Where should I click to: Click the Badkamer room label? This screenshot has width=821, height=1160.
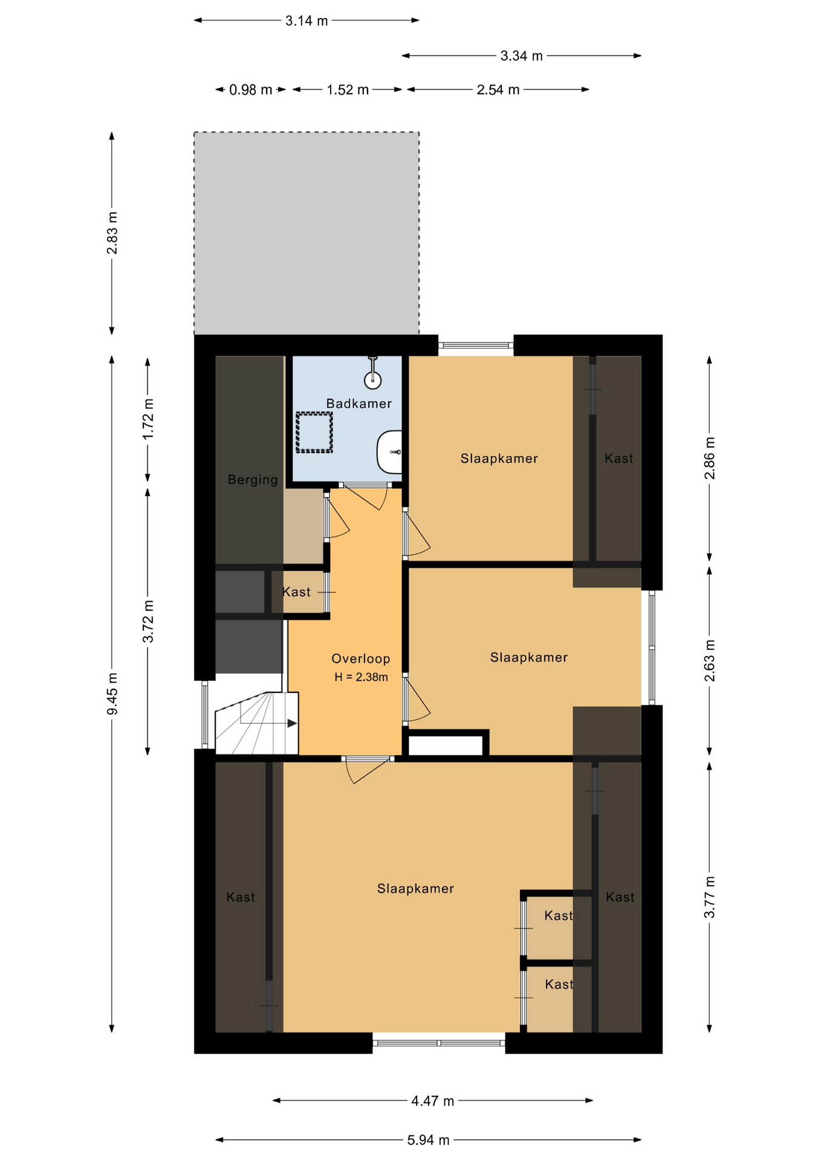(359, 404)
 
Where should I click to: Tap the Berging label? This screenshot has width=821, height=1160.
(253, 480)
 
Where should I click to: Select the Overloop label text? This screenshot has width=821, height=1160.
(361, 659)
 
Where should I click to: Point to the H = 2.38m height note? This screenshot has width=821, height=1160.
(361, 677)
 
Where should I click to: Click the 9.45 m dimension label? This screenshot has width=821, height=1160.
(112, 693)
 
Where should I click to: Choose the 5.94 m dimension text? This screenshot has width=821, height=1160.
(428, 1140)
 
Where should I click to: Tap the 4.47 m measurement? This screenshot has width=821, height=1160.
(432, 1101)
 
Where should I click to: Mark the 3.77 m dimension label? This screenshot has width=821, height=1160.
(710, 897)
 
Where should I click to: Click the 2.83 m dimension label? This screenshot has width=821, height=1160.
(112, 233)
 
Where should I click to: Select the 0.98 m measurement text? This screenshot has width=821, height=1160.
(250, 90)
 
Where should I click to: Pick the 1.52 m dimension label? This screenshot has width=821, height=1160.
(348, 90)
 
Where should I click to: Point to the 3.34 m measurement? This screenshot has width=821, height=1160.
(521, 56)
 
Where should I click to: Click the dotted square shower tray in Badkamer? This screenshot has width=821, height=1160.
(314, 433)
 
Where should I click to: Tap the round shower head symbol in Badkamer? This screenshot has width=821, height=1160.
(373, 380)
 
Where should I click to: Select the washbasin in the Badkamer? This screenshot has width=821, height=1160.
(390, 452)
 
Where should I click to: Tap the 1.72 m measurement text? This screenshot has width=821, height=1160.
(148, 419)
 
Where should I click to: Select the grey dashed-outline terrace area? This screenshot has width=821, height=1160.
(307, 233)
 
